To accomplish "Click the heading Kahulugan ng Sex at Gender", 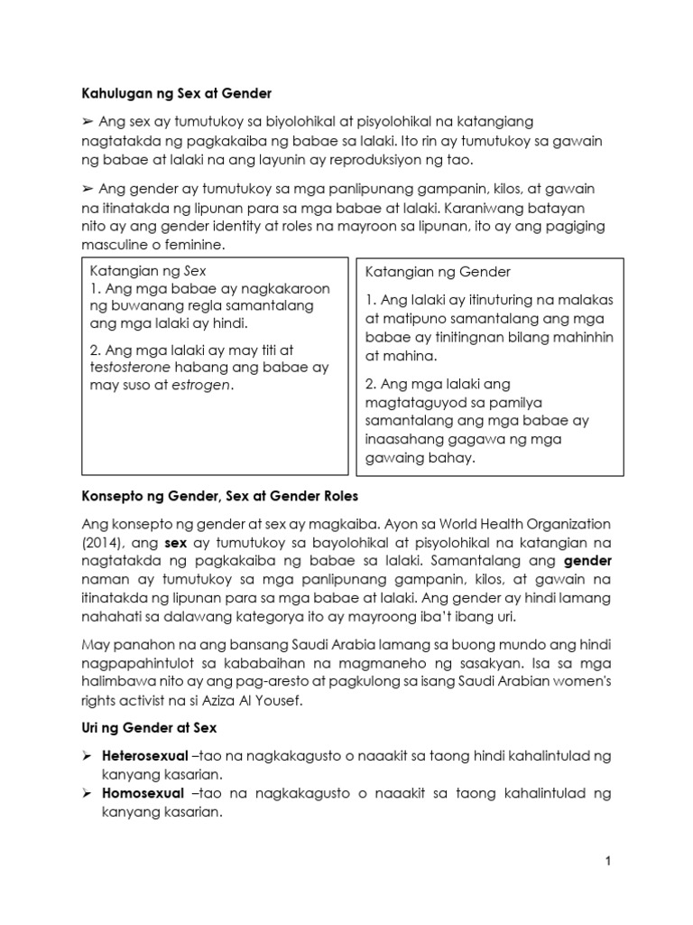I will (176, 93).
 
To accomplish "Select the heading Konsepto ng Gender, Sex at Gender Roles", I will (221, 496).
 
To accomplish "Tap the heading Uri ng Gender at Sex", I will (143, 727).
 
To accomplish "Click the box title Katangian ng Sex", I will (149, 269).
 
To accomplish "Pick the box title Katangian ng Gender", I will (438, 272).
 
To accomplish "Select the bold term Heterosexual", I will (147, 754).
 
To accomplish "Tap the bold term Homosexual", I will (143, 793).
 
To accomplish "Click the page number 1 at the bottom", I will (608, 862).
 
